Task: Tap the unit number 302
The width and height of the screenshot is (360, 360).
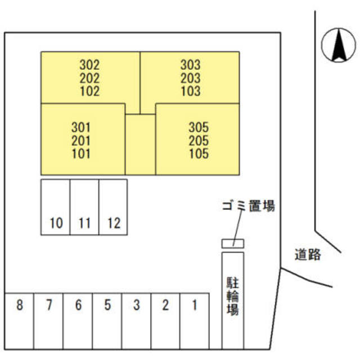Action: (89, 65)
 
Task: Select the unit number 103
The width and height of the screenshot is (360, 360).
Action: (191, 91)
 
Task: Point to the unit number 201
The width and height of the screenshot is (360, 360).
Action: (81, 139)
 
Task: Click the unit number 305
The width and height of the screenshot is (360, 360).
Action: (199, 127)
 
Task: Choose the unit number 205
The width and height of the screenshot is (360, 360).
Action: (199, 140)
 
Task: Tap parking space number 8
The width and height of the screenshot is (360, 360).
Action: (20, 306)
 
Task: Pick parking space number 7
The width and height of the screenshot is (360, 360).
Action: (49, 306)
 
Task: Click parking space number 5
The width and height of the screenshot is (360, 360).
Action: (107, 306)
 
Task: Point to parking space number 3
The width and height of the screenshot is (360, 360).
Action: (136, 306)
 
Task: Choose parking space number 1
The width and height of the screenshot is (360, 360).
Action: (195, 306)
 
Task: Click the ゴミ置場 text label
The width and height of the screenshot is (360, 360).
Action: (247, 206)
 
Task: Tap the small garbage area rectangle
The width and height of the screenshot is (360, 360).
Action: (232, 243)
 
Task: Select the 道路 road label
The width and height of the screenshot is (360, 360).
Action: (308, 255)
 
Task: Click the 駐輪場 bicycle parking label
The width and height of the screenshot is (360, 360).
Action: (232, 294)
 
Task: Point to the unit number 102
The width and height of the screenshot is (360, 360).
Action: (89, 91)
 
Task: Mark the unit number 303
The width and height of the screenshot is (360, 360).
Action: (191, 65)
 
